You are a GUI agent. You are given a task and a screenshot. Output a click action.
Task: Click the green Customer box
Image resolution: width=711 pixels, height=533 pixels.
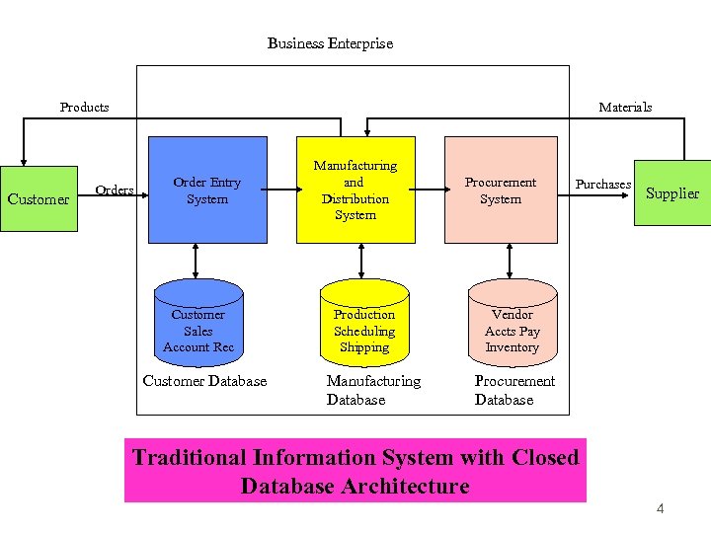pos(39,198)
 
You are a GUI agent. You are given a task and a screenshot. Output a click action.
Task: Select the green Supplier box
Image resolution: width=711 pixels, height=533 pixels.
pos(671,192)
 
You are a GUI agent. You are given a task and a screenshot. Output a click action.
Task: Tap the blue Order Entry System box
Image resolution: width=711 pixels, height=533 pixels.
pos(207,190)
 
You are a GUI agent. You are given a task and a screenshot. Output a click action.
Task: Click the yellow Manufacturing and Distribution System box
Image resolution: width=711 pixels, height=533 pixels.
pos(355,190)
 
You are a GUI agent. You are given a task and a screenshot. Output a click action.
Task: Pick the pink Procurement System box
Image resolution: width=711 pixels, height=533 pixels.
pos(501,190)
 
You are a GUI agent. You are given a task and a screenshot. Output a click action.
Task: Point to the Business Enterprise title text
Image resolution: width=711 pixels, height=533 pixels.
pos(330,43)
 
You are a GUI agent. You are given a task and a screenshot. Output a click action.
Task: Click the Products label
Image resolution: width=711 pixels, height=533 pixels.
pos(85,107)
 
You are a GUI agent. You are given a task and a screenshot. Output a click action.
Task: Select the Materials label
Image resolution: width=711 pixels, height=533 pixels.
pos(625,107)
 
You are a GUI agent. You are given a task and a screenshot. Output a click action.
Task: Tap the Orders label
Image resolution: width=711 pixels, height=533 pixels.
pos(115,190)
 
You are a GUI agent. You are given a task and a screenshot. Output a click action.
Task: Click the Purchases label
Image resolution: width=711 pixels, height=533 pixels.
pos(602,185)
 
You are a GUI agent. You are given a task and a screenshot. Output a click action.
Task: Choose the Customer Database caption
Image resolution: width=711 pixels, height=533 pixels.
pos(204,381)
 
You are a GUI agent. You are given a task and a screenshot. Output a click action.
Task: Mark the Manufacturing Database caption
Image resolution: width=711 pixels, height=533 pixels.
pos(373,390)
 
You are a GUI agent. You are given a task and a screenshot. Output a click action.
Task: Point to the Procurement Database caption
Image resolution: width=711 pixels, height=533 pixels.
pos(514,390)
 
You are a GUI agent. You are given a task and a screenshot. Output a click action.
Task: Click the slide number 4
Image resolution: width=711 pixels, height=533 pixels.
pos(660,509)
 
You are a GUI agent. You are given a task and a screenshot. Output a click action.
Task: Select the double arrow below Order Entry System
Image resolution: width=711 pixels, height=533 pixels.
pos(197,261)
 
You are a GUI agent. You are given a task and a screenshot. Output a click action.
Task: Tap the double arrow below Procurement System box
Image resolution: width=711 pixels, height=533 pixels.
pos(510,261)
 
